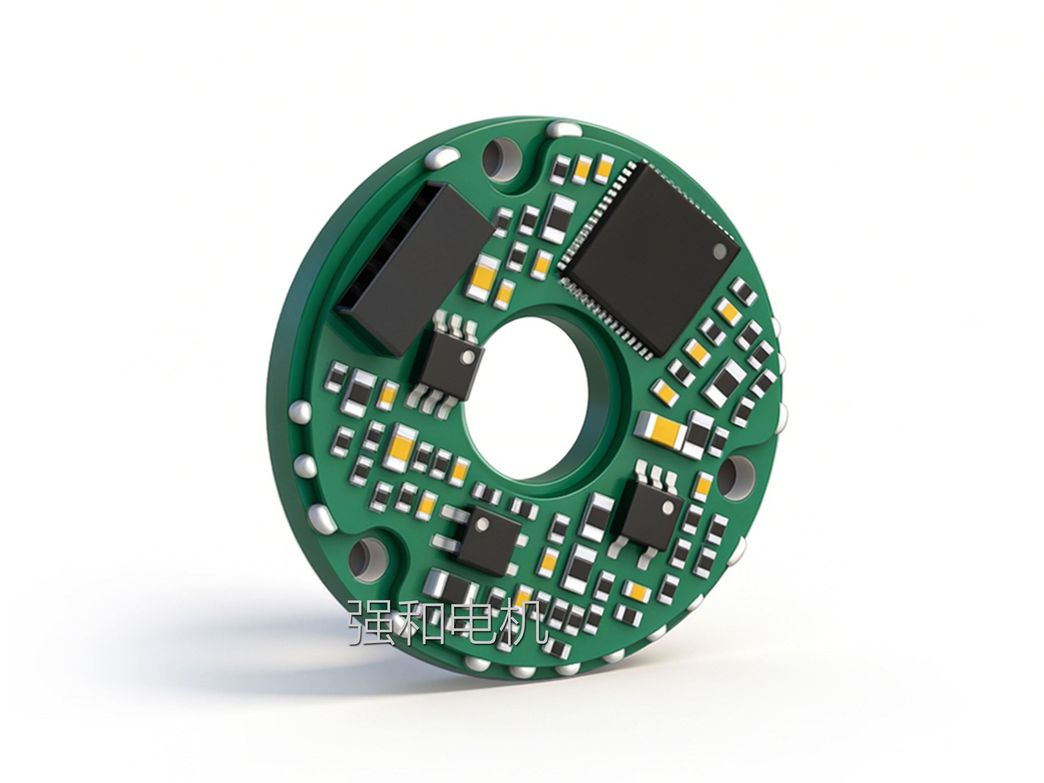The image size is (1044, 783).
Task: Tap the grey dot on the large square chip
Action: (719, 252)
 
